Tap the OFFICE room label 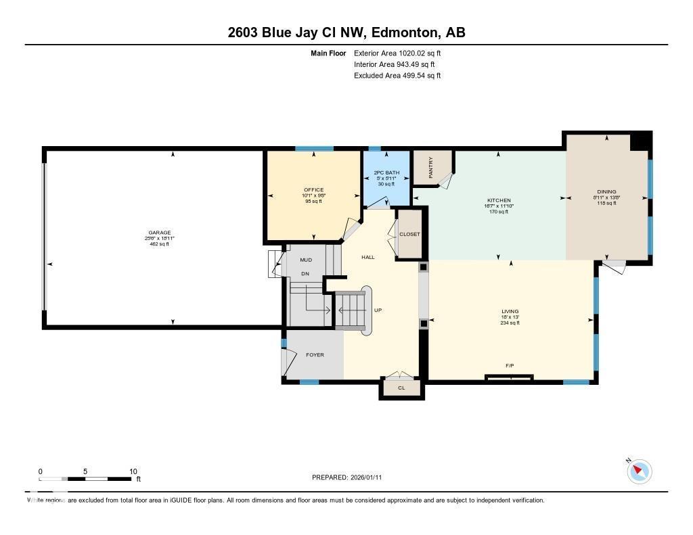[x=313, y=189]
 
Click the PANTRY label [x=430, y=167]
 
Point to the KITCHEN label [x=498, y=200]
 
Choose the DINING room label [x=606, y=191]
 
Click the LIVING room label [x=510, y=311]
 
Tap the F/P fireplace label [x=510, y=366]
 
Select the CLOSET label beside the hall [x=409, y=234]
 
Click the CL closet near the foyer [x=401, y=388]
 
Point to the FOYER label [x=315, y=354]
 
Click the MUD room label [x=306, y=260]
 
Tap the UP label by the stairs [x=378, y=310]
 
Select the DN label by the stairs [x=305, y=274]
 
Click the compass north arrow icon [x=639, y=471]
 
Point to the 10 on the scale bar [x=133, y=471]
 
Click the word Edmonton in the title [x=403, y=32]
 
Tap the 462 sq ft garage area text [x=160, y=244]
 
